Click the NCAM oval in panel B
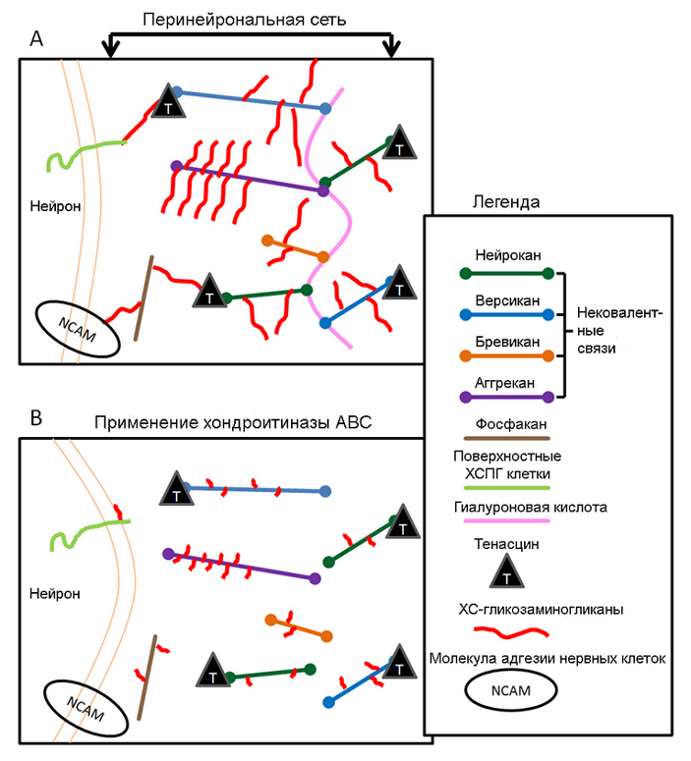point(86,704)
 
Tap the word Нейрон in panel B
point(52,593)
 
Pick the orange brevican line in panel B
point(298,627)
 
